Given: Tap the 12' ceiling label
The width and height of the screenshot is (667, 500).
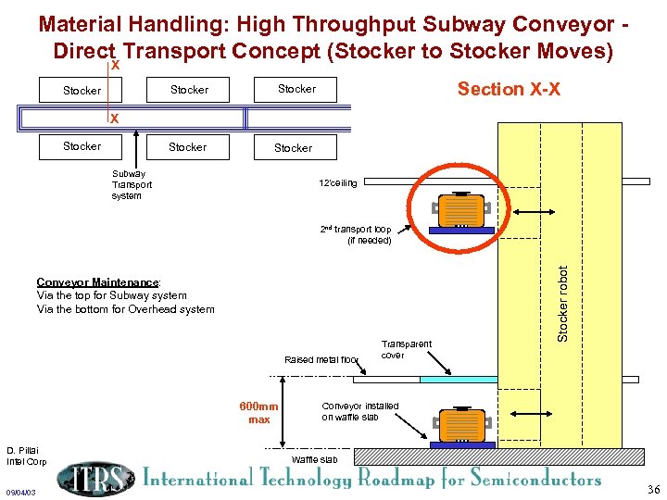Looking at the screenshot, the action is coord(337,182).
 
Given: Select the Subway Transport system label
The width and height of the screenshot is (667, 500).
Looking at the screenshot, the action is coord(132,184).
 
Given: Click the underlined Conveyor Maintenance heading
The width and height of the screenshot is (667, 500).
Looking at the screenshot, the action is coord(97,282).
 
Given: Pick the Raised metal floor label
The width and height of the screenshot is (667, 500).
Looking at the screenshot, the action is coord(321,359).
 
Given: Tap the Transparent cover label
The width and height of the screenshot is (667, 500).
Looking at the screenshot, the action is coord(407,349).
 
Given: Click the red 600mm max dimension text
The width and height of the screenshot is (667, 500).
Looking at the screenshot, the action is coord(259,413).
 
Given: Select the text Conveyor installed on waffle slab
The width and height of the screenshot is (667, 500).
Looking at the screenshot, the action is coord(360,411).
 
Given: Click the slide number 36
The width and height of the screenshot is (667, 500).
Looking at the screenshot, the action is coord(654,490).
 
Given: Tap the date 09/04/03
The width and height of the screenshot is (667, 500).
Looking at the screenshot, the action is coord(19,492).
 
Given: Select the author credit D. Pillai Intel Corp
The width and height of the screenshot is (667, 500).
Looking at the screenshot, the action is coord(26,456).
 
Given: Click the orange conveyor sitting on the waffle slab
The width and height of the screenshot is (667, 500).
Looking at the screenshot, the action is coord(460,426).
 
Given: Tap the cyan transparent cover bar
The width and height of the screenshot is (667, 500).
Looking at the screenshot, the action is coord(459,379).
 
